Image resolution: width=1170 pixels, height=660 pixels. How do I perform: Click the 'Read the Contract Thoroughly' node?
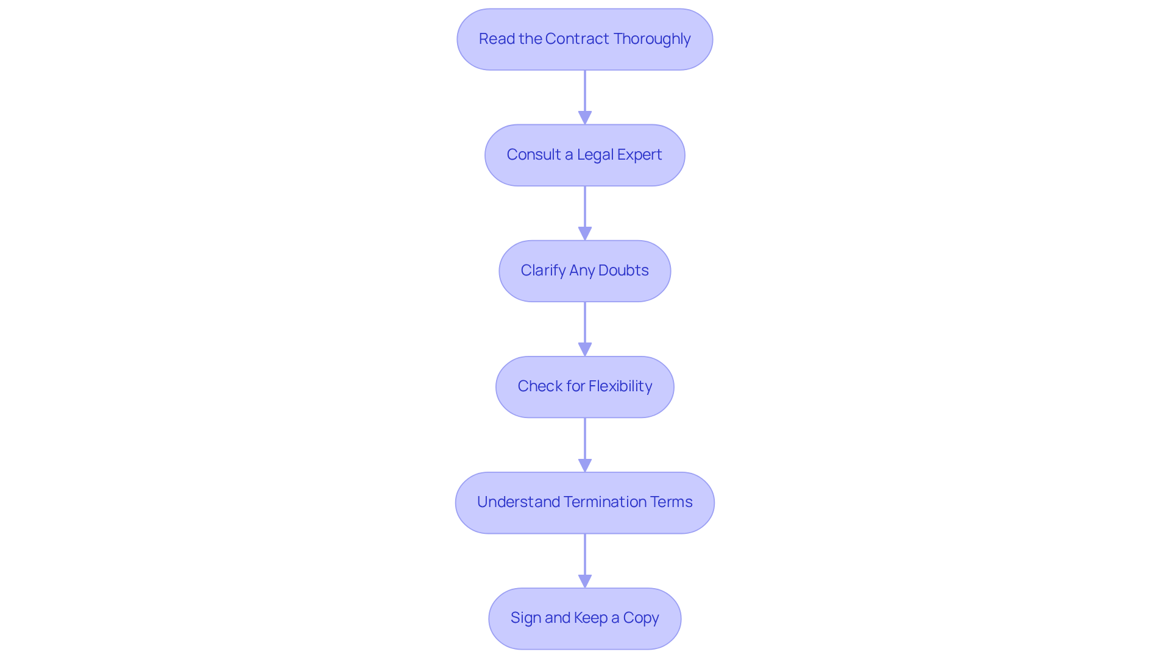pos(585,40)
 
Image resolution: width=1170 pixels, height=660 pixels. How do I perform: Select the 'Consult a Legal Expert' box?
pos(585,155)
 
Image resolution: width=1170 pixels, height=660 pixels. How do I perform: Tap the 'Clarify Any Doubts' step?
pos(585,271)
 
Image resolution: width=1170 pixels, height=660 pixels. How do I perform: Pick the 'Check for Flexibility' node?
pos(585,387)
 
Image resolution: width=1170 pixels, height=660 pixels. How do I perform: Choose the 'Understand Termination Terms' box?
pos(585,503)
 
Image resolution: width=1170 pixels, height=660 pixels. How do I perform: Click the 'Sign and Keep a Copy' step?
pos(585,619)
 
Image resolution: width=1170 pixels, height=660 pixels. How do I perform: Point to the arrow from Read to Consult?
pos(585,98)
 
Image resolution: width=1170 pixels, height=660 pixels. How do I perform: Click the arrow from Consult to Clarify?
pos(585,213)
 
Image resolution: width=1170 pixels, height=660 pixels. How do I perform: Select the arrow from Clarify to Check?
pos(585,329)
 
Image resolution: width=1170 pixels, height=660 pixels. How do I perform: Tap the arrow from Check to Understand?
pos(585,445)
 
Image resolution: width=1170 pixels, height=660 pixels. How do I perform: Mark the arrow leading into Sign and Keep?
pos(585,561)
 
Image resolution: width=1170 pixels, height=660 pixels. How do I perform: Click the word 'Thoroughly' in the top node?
pos(652,40)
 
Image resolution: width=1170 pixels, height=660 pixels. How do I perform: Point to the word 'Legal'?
pos(595,155)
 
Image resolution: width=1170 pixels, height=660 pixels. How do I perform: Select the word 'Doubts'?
pos(623,270)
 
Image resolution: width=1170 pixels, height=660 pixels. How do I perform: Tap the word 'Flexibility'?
pos(620,386)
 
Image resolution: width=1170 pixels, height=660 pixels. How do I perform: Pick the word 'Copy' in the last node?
pos(641,618)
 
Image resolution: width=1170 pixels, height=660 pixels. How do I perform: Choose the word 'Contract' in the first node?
pos(577,38)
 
